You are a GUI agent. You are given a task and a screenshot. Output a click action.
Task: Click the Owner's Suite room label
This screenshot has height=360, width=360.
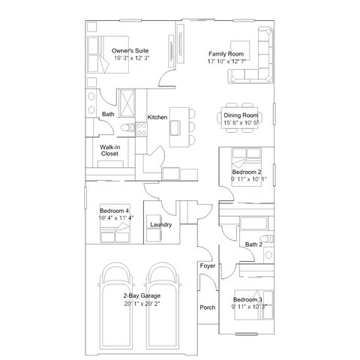tap(130, 51)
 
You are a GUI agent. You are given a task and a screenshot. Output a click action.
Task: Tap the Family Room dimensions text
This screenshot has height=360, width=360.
tap(226, 61)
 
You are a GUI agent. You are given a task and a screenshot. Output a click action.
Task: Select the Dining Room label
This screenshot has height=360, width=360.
tap(241, 115)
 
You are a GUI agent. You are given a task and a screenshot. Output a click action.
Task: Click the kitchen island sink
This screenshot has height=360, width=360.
tap(175, 127)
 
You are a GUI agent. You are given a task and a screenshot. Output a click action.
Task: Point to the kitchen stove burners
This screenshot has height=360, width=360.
tap(142, 129)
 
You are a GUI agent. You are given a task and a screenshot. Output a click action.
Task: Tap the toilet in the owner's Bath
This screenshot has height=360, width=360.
tap(128, 127)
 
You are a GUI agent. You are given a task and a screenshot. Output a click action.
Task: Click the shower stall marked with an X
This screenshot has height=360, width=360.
tap(127, 103)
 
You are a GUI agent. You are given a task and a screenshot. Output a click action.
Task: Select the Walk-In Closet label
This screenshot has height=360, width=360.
tap(109, 151)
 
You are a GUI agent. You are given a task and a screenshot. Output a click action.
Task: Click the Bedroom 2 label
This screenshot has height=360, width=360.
tap(247, 172)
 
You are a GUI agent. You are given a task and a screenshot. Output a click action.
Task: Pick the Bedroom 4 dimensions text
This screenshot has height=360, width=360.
tap(116, 217)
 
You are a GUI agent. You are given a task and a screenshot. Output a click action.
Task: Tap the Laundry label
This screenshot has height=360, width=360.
tap(161, 225)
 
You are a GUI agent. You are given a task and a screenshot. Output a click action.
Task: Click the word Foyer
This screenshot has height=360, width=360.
tap(208, 265)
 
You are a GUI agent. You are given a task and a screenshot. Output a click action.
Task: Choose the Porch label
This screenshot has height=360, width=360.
tap(208, 307)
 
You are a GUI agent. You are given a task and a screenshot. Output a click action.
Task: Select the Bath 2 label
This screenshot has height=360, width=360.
tap(253, 244)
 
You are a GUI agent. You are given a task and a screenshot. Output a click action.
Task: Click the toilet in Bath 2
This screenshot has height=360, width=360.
tap(267, 238)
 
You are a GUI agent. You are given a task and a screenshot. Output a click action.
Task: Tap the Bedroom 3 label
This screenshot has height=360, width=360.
tap(247, 299)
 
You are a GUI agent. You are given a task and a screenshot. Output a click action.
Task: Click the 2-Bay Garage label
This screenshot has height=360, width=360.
tap(142, 295)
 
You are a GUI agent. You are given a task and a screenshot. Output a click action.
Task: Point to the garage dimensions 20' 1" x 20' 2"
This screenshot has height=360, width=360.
tap(142, 304)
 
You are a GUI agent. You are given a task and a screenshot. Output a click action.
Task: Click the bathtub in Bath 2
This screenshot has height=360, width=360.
tap(253, 223)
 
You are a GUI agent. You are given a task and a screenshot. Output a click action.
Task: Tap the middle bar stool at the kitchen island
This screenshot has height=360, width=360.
tap(192, 127)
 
